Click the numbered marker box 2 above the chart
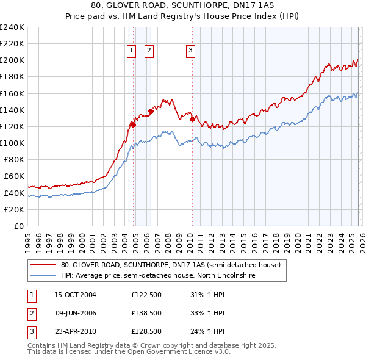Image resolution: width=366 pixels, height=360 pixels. pos(149,51)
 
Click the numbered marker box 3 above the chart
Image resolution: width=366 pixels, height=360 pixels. pos(190,51)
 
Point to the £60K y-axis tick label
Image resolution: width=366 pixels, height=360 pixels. pos(14,176)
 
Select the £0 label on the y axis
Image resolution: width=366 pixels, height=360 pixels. pos(20,226)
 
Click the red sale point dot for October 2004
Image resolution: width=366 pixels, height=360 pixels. pos(133,124)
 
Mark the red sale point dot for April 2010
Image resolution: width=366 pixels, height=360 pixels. pos(192,120)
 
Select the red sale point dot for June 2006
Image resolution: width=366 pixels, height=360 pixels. pos(151,111)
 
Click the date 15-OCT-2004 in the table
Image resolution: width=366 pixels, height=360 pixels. pos(75,294)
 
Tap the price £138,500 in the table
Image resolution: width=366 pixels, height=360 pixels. pos(146,313)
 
